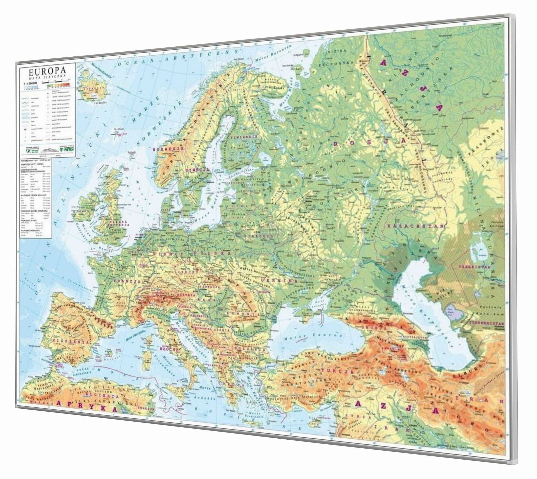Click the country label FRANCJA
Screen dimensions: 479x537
[x=126, y=281]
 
